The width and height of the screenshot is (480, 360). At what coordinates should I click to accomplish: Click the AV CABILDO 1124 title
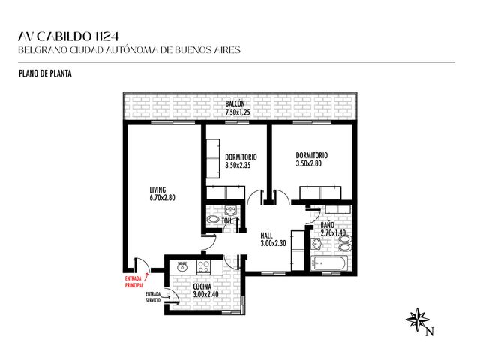click(68, 37)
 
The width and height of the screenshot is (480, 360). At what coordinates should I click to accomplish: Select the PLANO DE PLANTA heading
click(45, 73)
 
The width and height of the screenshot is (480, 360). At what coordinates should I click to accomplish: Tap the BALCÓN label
click(235, 103)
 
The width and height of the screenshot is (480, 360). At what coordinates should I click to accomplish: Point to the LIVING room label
click(157, 190)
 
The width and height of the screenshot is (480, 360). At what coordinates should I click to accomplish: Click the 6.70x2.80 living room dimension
click(163, 198)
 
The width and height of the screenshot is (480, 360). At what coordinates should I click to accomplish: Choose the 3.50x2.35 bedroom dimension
click(238, 166)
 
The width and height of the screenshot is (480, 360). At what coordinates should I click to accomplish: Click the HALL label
click(267, 235)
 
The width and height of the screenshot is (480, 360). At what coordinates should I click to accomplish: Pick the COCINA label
click(202, 286)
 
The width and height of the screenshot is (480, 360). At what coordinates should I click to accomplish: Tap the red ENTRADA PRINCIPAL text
click(134, 282)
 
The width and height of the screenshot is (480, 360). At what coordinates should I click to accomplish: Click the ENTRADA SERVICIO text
click(153, 297)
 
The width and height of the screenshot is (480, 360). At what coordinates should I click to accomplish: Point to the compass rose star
click(417, 319)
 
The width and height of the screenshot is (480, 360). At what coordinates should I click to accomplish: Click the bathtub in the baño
click(329, 263)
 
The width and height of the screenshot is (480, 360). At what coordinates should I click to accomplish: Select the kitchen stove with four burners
click(203, 267)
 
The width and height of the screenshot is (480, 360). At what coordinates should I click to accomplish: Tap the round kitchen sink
click(182, 266)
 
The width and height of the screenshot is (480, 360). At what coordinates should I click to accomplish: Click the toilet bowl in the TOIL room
click(213, 220)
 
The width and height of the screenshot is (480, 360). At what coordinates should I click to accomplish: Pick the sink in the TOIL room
click(230, 211)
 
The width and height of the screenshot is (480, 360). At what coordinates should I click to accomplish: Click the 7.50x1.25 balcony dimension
click(238, 112)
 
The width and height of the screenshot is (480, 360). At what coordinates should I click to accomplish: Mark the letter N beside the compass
click(430, 331)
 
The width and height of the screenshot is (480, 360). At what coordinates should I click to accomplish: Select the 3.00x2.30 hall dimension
click(273, 243)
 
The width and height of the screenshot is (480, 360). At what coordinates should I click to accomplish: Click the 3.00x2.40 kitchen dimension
click(206, 294)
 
